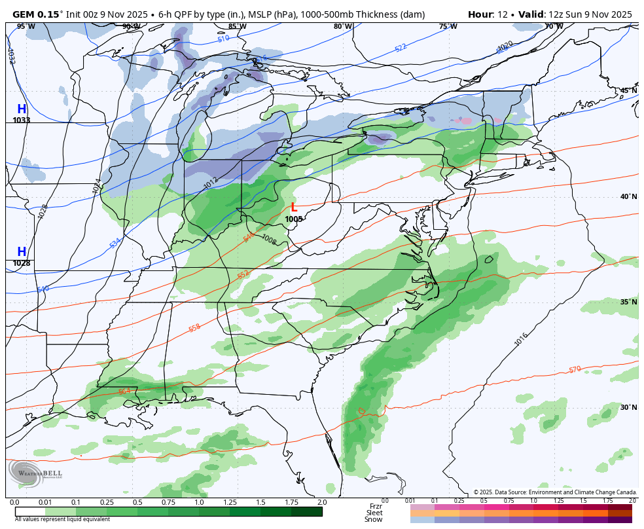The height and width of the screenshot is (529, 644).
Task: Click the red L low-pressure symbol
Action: tap(294, 208)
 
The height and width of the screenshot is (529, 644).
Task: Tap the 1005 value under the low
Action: tap(294, 219)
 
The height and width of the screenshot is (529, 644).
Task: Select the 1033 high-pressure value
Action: tap(22, 120)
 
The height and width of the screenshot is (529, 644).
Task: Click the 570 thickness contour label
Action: tap(575, 370)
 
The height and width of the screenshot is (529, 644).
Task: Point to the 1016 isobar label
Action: tap(521, 340)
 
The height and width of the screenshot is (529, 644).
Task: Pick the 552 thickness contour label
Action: tap(243, 275)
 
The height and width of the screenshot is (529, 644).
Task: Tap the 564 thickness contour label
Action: tap(124, 392)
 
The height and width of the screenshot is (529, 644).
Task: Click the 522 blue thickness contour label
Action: tap(401, 48)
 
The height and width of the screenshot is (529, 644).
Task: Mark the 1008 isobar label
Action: tap(268, 240)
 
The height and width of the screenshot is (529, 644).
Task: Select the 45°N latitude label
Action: tap(628, 91)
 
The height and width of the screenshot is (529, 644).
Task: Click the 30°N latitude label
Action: tap(628, 407)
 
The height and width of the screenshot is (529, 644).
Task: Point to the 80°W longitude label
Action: tap(342, 27)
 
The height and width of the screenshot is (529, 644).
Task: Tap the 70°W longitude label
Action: tap(554, 27)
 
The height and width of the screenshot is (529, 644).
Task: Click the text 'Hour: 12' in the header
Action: tap(490, 14)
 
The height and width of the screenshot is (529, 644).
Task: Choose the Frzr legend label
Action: tap(375, 506)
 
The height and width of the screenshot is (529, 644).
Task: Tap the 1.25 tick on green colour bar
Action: tap(230, 502)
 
